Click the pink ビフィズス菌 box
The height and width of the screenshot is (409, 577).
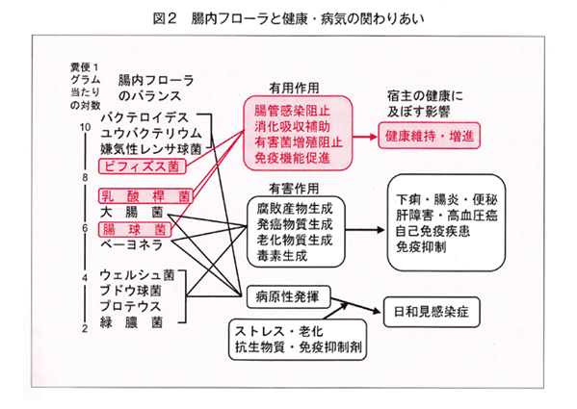[142, 166]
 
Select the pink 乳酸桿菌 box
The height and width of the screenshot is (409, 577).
[145, 196]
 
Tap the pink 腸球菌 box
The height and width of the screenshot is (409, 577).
[135, 230]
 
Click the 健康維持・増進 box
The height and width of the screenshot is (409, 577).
[429, 136]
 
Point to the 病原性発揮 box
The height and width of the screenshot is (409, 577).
[288, 296]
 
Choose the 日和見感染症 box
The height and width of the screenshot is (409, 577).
[432, 312]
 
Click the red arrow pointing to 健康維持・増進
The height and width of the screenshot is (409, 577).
[365, 137]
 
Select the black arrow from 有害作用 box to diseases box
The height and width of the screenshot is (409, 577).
[365, 230]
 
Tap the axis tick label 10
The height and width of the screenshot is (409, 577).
[85, 127]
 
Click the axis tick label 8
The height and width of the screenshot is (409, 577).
[85, 178]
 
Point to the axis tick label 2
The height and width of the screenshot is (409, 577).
[85, 328]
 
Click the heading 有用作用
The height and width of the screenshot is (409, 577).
[294, 89]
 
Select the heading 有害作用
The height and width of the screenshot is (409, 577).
[294, 189]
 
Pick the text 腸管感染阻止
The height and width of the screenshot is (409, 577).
[292, 111]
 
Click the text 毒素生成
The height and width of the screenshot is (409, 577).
[282, 255]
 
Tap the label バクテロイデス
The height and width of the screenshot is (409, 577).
[144, 117]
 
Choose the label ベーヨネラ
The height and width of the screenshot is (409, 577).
[131, 244]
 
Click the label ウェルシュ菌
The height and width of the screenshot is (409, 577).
[137, 275]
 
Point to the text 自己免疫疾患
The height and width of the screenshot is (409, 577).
[433, 231]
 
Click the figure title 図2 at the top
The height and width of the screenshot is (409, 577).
[166, 18]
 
